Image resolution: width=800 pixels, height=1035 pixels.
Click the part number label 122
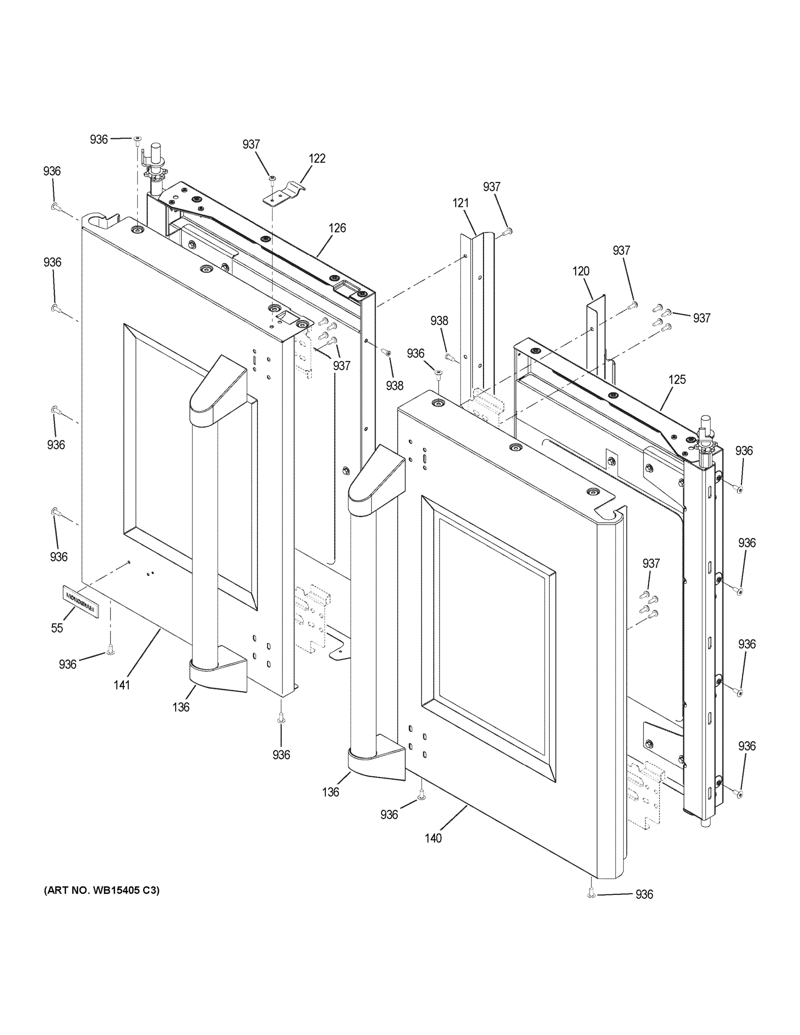[x=317, y=159]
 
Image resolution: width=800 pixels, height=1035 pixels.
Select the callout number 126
[x=337, y=228]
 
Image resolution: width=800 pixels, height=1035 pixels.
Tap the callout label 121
[x=461, y=203]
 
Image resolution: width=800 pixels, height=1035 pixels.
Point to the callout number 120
[x=580, y=271]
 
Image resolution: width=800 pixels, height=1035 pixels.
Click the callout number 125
[x=677, y=379]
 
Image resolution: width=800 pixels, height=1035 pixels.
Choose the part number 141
[x=122, y=685]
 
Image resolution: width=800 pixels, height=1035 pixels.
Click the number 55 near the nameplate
[x=57, y=628]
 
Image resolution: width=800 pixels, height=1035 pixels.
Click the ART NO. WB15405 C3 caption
[x=102, y=891]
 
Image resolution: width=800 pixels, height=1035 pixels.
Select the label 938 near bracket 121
[x=439, y=321]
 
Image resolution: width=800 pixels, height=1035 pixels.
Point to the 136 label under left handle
[x=181, y=707]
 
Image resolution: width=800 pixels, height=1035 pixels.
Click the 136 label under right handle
[x=330, y=792]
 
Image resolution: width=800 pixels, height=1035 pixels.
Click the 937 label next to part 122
[x=251, y=144]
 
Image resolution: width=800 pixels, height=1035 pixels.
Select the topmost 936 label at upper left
[x=99, y=139]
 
